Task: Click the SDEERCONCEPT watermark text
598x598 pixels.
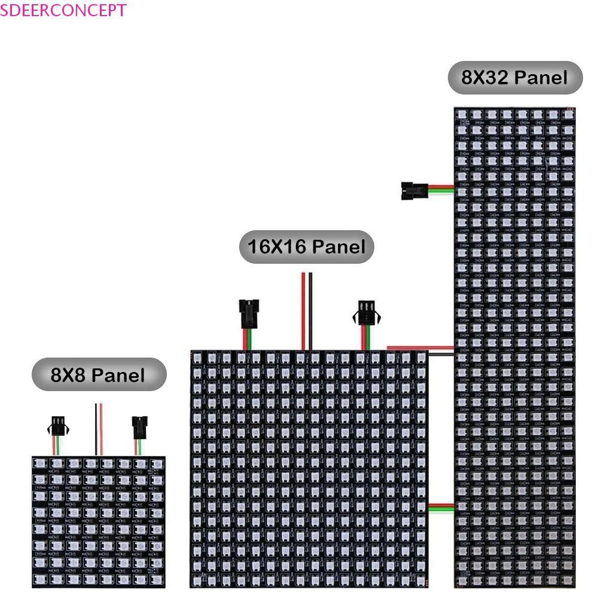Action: pyautogui.click(x=63, y=10)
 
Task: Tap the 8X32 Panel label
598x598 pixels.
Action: pyautogui.click(x=515, y=78)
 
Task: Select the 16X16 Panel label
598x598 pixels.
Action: pyautogui.click(x=306, y=247)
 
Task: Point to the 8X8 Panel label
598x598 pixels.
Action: pyautogui.click(x=99, y=375)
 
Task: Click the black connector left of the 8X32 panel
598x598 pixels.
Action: pyautogui.click(x=412, y=190)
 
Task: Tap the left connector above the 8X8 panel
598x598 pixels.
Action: pyautogui.click(x=57, y=426)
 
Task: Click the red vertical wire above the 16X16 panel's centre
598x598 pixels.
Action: pyautogui.click(x=304, y=311)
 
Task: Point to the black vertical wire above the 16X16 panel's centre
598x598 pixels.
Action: pyautogui.click(x=310, y=311)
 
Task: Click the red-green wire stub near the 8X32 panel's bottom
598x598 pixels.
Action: pyautogui.click(x=441, y=507)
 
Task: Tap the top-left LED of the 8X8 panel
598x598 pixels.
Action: pyautogui.click(x=41, y=463)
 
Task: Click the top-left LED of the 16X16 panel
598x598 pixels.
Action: pyautogui.click(x=198, y=358)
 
